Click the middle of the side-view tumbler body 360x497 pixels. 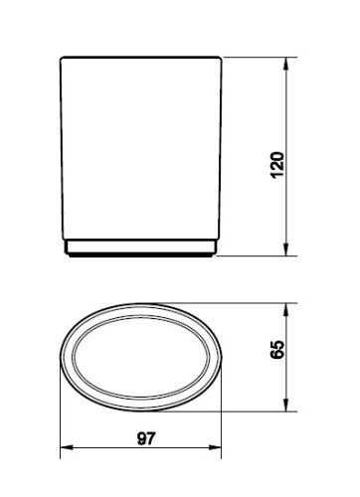pyautogui.click(x=141, y=149)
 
